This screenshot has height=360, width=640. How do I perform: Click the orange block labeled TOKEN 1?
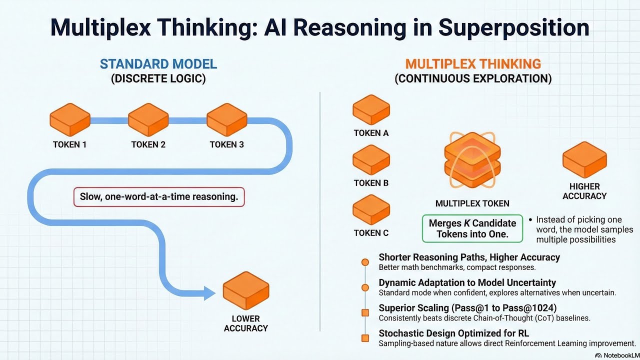point(70,120)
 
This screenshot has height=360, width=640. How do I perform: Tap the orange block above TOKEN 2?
point(148,120)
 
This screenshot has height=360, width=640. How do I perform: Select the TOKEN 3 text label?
point(227,144)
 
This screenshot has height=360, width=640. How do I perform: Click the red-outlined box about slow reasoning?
point(159,197)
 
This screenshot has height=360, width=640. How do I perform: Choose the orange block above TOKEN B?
point(371,160)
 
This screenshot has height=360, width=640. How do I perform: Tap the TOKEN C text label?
point(371,232)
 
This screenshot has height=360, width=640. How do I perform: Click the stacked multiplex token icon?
point(472,160)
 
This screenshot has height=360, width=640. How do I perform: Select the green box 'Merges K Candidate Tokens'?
point(472,228)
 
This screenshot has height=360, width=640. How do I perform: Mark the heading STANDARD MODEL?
point(158,64)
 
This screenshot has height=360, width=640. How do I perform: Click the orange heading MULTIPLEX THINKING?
point(473,64)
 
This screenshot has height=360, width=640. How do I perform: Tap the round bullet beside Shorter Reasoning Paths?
point(365,262)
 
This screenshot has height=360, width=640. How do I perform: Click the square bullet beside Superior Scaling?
point(365,313)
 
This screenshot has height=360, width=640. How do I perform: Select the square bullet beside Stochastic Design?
point(365,338)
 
